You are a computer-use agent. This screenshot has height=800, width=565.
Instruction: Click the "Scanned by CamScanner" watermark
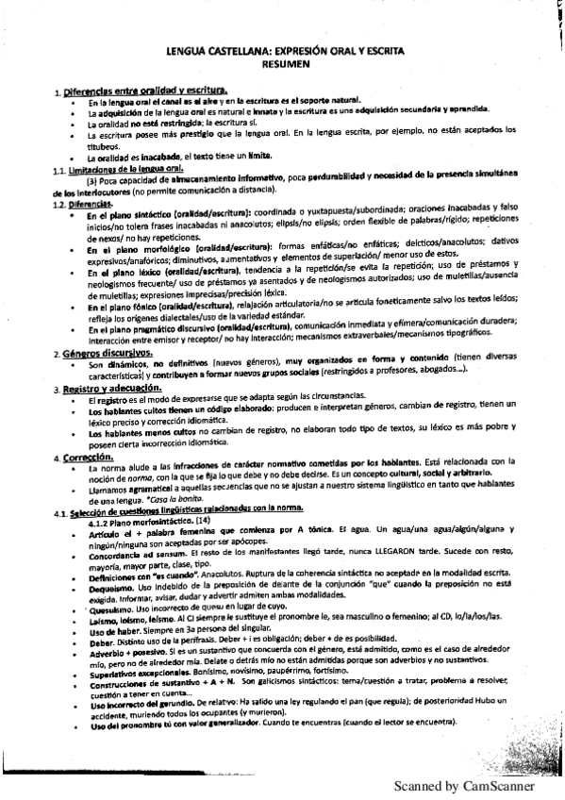pos(463,785)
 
